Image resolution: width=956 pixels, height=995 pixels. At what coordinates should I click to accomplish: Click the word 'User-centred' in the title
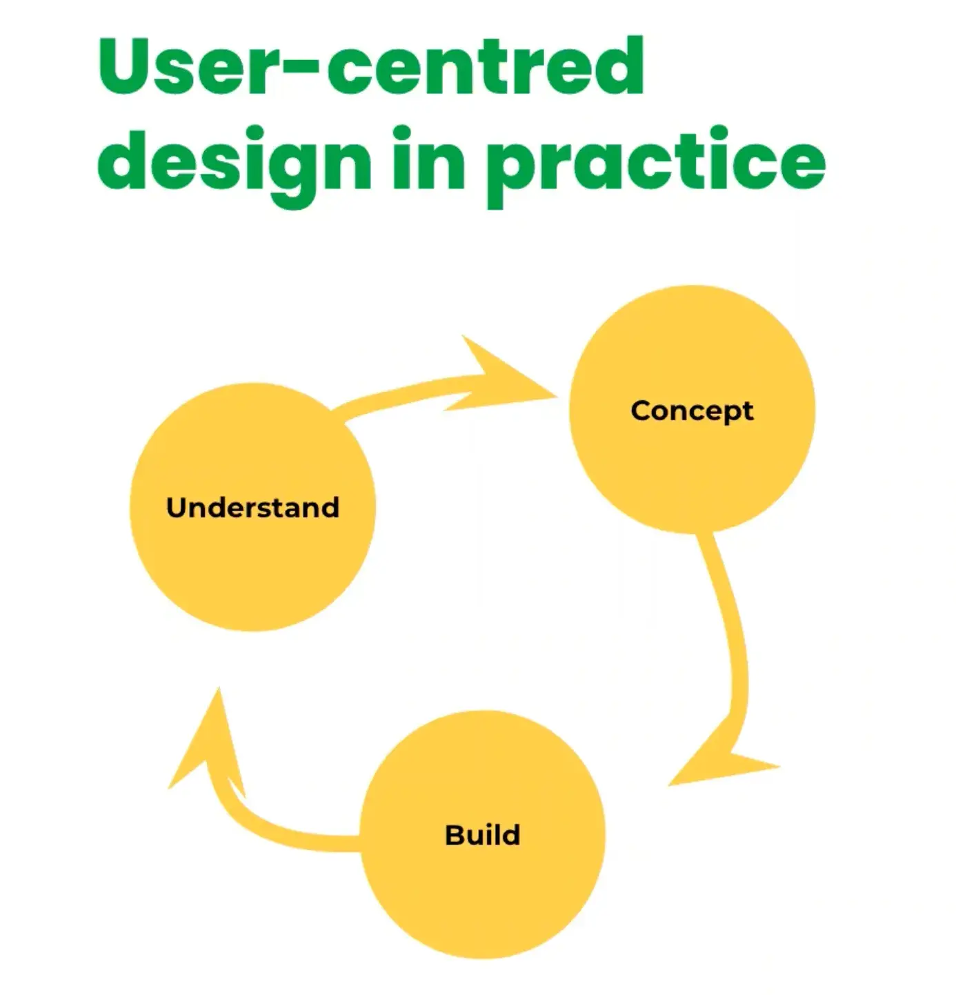click(371, 67)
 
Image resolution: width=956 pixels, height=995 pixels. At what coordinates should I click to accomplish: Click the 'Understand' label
click(252, 508)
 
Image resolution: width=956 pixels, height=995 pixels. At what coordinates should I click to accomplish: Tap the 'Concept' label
click(692, 411)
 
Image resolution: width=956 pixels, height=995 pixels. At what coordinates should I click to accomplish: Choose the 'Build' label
click(483, 835)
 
